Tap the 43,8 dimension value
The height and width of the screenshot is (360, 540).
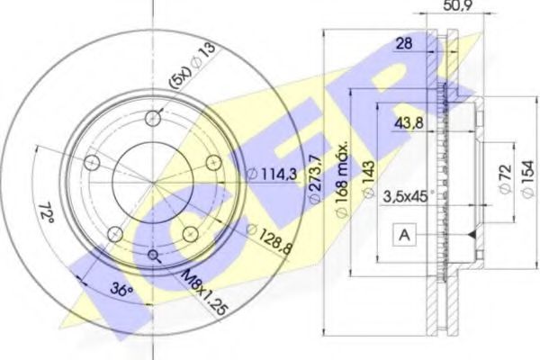(x=415, y=124)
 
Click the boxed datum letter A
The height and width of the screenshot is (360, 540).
(x=404, y=236)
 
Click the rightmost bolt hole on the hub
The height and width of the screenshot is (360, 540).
(x=213, y=162)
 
